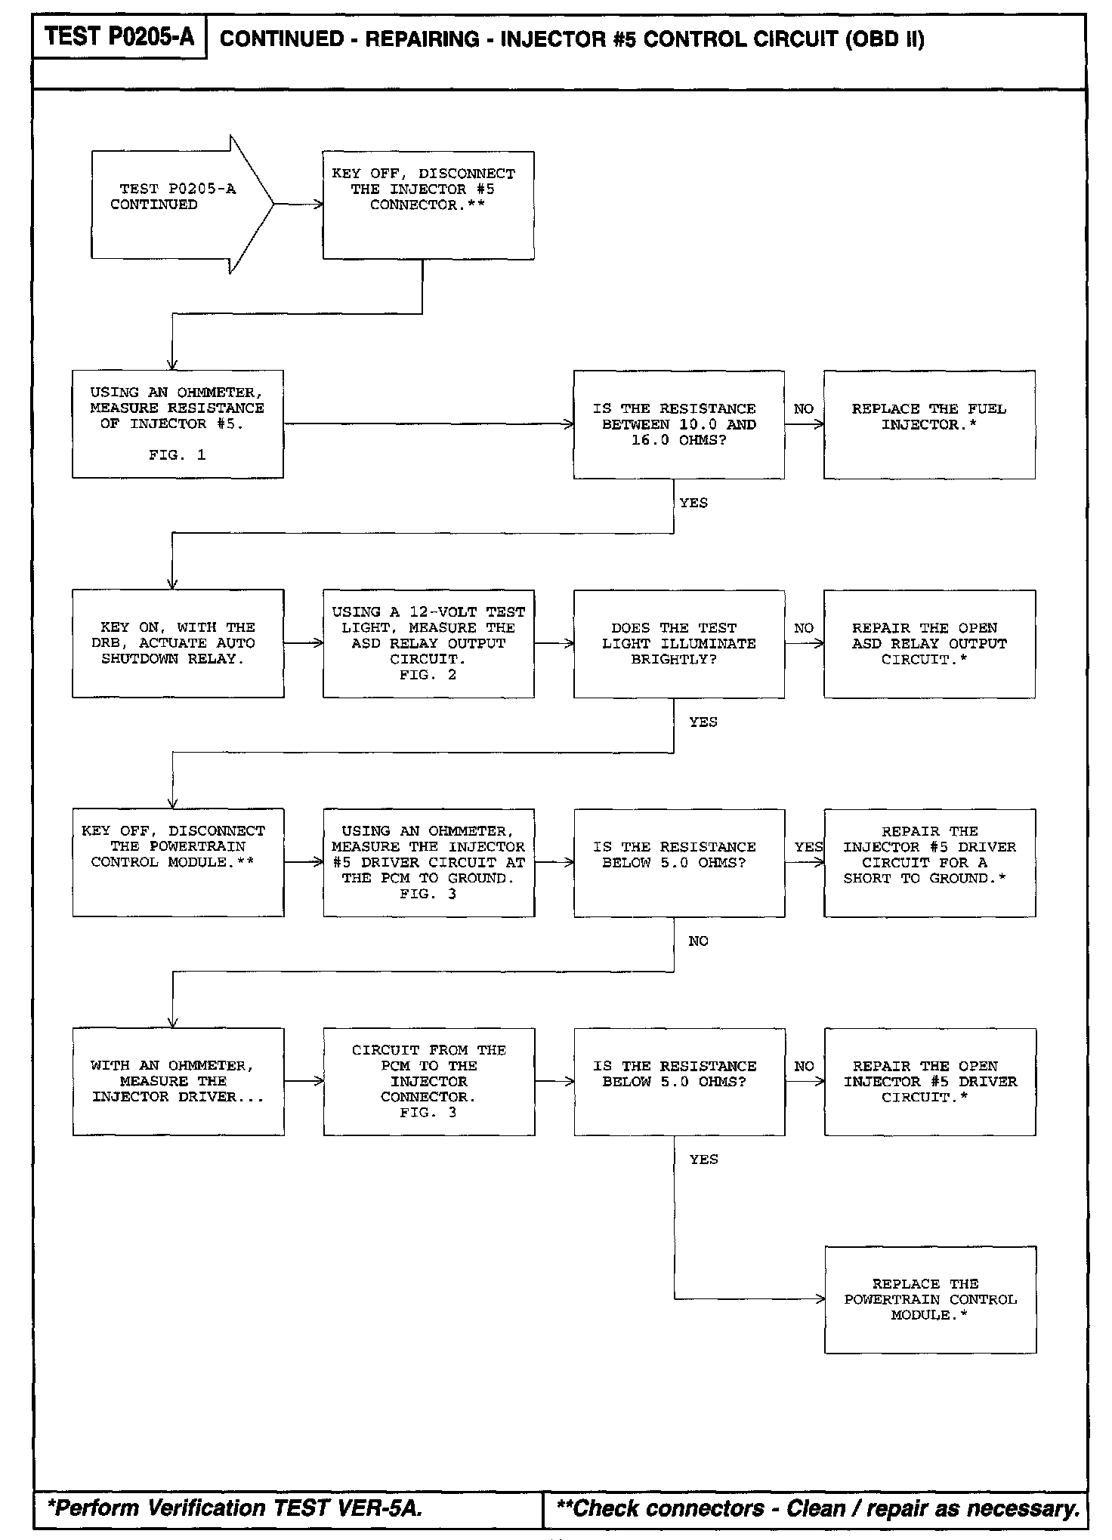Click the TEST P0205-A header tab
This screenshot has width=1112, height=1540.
[x=119, y=36]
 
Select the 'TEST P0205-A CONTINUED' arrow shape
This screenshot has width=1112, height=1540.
[x=174, y=204]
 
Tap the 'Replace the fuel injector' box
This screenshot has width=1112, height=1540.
[x=929, y=424]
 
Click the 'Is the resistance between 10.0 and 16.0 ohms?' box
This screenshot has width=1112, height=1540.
[x=678, y=424]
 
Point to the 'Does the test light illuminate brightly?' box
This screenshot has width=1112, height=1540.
[x=678, y=643]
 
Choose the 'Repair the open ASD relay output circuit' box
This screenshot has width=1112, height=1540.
[x=929, y=643]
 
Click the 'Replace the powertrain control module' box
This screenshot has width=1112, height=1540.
[x=930, y=1299]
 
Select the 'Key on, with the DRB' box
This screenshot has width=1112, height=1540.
[x=178, y=643]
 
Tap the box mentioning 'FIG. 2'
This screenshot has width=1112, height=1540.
[x=428, y=643]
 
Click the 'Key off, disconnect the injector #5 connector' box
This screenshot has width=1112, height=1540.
[x=428, y=205]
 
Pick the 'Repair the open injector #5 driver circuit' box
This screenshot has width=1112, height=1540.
[x=930, y=1081]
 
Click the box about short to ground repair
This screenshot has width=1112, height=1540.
[x=929, y=862]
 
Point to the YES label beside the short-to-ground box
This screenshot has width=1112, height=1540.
[x=808, y=847]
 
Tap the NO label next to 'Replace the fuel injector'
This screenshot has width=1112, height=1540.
[x=804, y=409]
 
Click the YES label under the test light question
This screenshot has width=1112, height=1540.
[x=703, y=722]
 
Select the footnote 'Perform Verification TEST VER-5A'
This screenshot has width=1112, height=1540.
[x=234, y=1508]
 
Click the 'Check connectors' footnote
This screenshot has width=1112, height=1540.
[x=818, y=1508]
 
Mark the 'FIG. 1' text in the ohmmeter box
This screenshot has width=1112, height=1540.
[x=178, y=455]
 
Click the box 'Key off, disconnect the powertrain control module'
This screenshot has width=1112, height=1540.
[x=178, y=862]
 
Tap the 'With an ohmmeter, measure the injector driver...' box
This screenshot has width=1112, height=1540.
[x=178, y=1081]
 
